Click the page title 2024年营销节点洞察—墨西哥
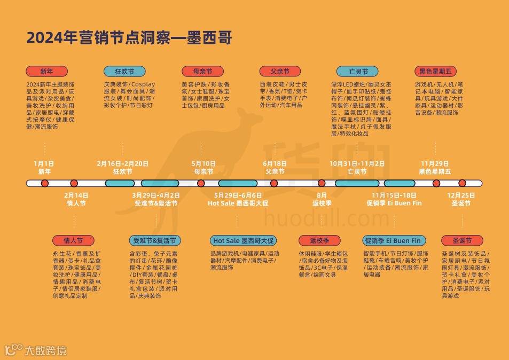129,38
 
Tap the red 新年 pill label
46,72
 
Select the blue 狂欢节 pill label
124,72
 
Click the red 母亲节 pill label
202,72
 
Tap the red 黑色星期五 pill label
436,72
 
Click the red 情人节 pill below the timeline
73,240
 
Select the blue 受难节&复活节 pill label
155,240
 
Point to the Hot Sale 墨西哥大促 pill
242,240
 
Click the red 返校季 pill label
320,240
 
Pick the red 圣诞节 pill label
462,240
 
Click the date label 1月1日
44,163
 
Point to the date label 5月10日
203,163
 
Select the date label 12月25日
461,195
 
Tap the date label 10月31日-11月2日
357,163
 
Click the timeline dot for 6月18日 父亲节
274,183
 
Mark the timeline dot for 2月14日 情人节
74,183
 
